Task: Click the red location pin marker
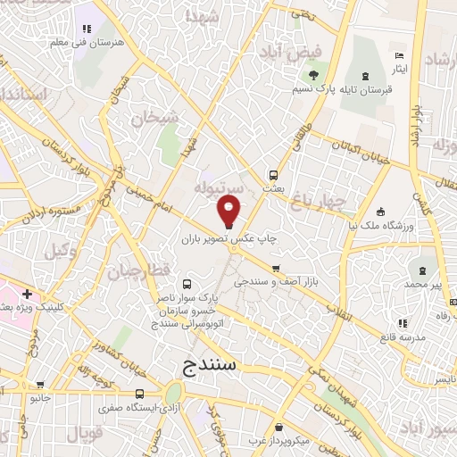(x=229, y=212)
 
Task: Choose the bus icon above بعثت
(x=272, y=175)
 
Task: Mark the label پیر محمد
(x=426, y=283)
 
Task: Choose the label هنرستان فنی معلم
(x=83, y=42)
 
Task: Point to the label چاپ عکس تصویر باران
(x=230, y=239)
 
